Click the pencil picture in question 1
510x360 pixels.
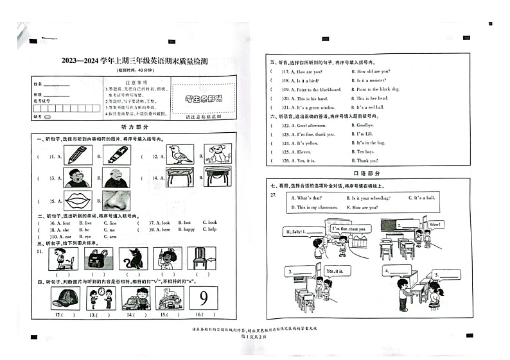75,155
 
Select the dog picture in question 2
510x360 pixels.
217,154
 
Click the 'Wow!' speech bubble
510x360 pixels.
434,225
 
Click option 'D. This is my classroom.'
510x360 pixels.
315,207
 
